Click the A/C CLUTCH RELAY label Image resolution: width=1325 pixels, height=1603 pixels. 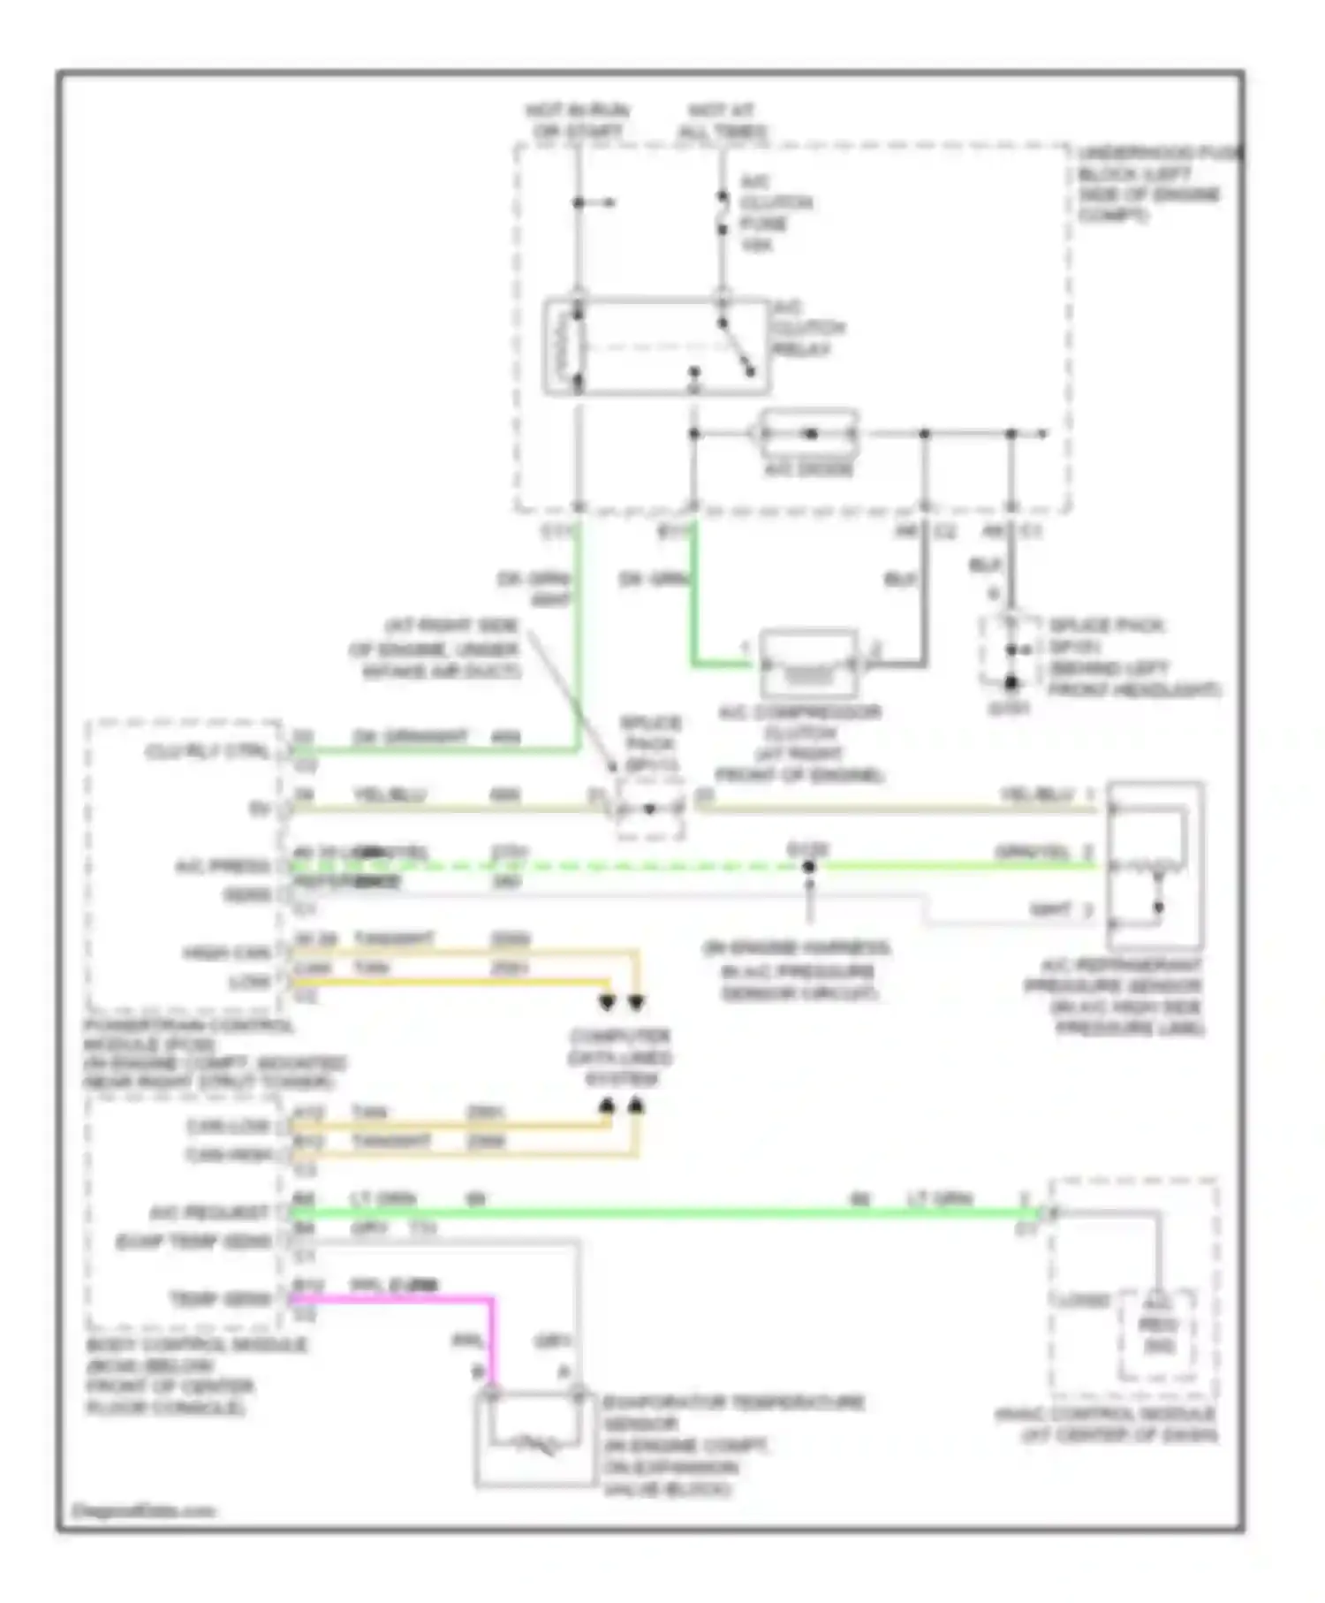tap(807, 328)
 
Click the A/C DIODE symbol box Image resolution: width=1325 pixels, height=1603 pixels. tap(809, 433)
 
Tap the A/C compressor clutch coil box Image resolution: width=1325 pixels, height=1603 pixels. tap(808, 664)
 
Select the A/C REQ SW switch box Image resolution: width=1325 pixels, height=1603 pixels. tap(1157, 1334)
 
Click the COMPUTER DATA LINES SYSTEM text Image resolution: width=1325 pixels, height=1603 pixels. tap(620, 1057)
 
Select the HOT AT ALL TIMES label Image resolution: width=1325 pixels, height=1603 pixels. tap(723, 121)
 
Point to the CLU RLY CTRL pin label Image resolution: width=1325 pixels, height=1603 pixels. tap(208, 752)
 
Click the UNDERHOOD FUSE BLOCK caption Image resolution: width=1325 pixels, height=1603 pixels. tap(1153, 184)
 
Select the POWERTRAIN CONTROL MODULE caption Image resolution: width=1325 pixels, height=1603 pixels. tap(212, 1053)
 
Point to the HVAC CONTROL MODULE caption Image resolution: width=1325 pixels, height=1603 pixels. tap(1117, 1425)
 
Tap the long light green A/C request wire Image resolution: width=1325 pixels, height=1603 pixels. tap(662, 1214)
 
